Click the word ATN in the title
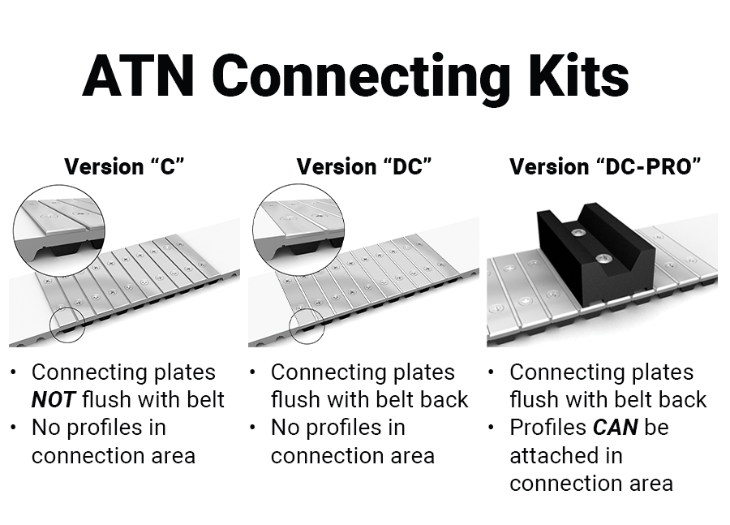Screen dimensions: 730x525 coord(138,75)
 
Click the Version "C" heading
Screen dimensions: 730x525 coord(124,167)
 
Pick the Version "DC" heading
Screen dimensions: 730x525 coord(364,167)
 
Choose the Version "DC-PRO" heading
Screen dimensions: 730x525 coord(605,167)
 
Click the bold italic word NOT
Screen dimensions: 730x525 coord(53,400)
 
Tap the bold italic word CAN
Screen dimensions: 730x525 coord(615,427)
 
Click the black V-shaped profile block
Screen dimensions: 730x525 coord(596,254)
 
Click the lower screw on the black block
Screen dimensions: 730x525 coord(603,257)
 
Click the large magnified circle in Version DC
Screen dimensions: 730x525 coord(253,230)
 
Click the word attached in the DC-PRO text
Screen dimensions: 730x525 coord(566,455)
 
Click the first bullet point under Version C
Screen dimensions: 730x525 coord(14,372)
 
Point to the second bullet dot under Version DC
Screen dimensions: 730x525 coord(253,427)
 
